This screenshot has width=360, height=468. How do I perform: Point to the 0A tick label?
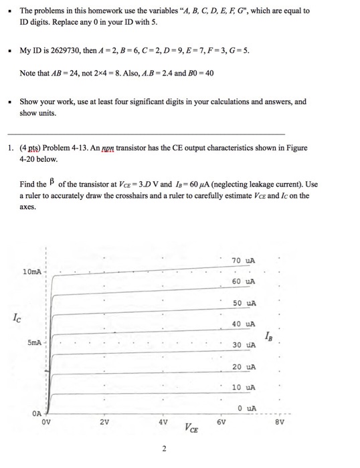[x=39, y=414]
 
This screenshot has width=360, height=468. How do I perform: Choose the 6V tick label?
[x=221, y=423]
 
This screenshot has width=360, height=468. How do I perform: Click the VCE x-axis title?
[x=191, y=429]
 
